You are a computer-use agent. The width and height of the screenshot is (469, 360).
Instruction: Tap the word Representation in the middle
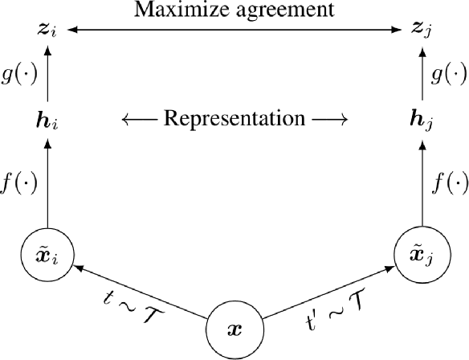coord(234,120)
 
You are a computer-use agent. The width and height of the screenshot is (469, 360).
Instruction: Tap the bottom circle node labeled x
coord(234,330)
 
